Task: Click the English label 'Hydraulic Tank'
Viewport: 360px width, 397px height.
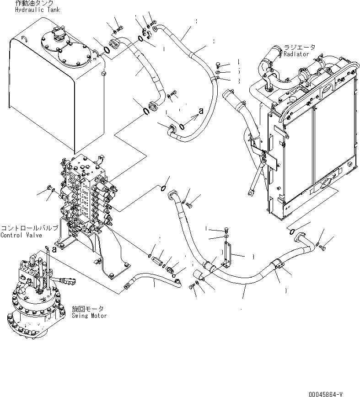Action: [x=38, y=9]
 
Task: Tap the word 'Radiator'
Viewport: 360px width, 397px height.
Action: [x=296, y=54]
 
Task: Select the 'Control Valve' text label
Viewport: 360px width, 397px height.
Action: [x=21, y=235]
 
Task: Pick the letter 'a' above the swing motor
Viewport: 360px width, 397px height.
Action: [x=54, y=249]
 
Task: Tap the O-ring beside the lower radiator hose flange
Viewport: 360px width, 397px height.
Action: [x=291, y=232]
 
